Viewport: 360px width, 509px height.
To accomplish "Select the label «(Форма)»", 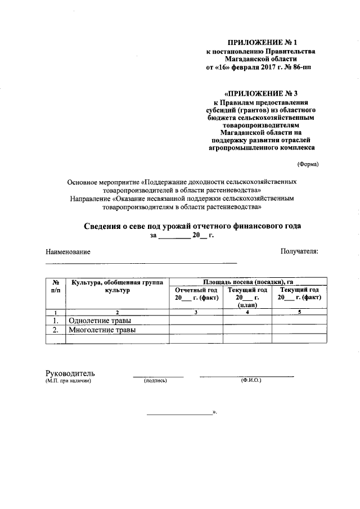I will click(308, 164).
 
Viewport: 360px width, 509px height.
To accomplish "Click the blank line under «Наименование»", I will click(141, 263).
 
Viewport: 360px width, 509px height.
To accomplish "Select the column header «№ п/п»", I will click(56, 286).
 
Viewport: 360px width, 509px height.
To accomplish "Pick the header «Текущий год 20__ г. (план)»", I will click(247, 297).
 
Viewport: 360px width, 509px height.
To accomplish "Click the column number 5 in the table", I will click(299, 312).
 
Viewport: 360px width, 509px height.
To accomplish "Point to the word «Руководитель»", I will click(70, 373).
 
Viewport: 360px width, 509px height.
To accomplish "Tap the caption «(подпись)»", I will click(156, 381).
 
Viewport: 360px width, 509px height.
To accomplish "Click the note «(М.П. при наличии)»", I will click(68, 381).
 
